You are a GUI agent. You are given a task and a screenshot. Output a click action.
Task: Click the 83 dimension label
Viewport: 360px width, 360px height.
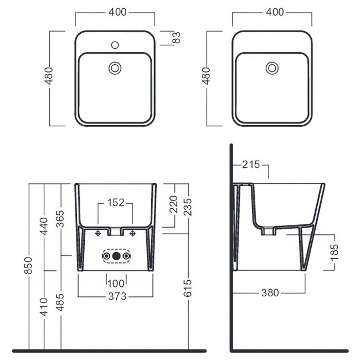click(177, 38)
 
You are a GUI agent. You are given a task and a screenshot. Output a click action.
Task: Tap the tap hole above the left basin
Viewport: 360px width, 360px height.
click(115, 45)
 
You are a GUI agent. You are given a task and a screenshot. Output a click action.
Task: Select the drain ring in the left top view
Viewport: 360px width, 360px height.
click(115, 68)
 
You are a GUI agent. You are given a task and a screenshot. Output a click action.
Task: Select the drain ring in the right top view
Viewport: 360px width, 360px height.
click(272, 68)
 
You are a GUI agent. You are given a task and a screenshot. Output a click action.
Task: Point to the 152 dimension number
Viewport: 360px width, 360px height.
click(116, 203)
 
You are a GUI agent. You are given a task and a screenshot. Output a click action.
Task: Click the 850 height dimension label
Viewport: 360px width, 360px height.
click(29, 265)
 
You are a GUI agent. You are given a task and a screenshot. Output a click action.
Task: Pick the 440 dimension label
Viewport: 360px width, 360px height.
click(44, 226)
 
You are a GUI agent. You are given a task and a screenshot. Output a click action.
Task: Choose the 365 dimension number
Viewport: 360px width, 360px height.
click(60, 219)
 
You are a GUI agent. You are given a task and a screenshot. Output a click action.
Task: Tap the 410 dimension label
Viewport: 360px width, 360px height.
click(44, 307)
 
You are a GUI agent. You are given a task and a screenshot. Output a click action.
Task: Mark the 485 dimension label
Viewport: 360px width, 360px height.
click(60, 302)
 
